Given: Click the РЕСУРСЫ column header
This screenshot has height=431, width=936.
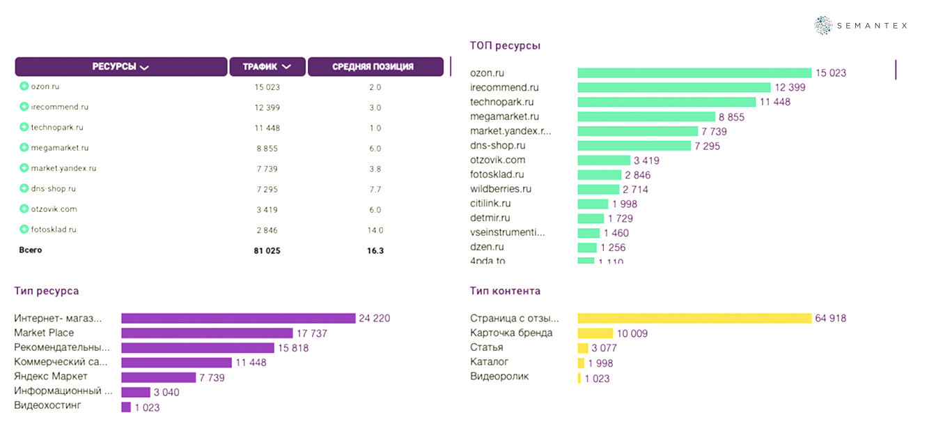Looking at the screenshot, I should tap(120, 67).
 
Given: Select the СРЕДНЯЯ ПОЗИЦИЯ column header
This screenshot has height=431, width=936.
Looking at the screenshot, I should tap(375, 67).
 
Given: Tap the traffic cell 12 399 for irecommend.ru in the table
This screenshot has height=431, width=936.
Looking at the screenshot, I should tap(267, 107).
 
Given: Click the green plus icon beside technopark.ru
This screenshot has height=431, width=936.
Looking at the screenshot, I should tap(24, 128).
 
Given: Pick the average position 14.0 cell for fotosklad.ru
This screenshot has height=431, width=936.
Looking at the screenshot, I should tap(375, 229).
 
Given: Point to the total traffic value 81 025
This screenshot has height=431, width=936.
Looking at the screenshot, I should tap(267, 250).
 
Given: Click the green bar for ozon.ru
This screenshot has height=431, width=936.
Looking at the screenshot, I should tap(694, 73).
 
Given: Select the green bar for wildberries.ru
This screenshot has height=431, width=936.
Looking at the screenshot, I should tap(598, 189).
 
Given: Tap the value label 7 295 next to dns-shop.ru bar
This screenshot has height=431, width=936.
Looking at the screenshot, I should tap(707, 146).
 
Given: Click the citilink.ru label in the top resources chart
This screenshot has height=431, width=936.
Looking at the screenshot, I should tap(490, 204).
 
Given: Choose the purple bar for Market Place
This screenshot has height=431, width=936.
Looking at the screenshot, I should tap(207, 333).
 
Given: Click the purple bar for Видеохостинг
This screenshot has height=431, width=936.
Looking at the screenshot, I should tap(126, 407).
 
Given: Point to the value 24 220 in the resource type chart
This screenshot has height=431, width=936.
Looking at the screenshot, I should tap(375, 319).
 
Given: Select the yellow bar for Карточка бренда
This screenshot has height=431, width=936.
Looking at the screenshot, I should tap(595, 333).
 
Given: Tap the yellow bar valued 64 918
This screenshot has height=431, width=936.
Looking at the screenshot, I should tap(694, 319).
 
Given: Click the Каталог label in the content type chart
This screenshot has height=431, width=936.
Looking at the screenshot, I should tap(489, 362).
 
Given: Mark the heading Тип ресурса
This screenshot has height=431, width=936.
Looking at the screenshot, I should tap(46, 291).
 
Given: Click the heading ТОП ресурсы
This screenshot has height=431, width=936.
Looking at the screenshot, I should tap(506, 45).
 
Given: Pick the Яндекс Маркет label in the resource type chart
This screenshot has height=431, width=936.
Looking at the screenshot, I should tap(51, 377).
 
